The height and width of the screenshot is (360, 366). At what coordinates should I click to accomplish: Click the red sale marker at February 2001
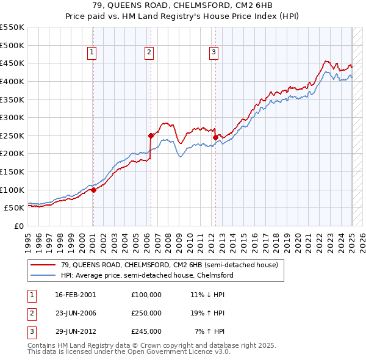tap(93, 190)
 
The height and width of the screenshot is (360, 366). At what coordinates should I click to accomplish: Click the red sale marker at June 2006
tap(150, 135)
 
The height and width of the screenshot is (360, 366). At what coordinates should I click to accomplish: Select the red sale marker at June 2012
tap(215, 137)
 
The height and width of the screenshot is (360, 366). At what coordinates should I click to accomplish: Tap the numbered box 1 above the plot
tap(91, 53)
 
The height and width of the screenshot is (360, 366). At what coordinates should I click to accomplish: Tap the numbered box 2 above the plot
tap(149, 53)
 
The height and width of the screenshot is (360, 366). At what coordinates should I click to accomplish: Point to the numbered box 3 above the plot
tap(214, 53)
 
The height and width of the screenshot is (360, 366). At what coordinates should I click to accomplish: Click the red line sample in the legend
tap(44, 265)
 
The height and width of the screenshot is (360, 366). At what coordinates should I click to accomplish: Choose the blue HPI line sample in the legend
tap(44, 275)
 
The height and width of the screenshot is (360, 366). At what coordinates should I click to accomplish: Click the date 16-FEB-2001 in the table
tap(76, 295)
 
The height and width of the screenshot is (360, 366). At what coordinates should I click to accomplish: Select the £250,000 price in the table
tap(146, 313)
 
